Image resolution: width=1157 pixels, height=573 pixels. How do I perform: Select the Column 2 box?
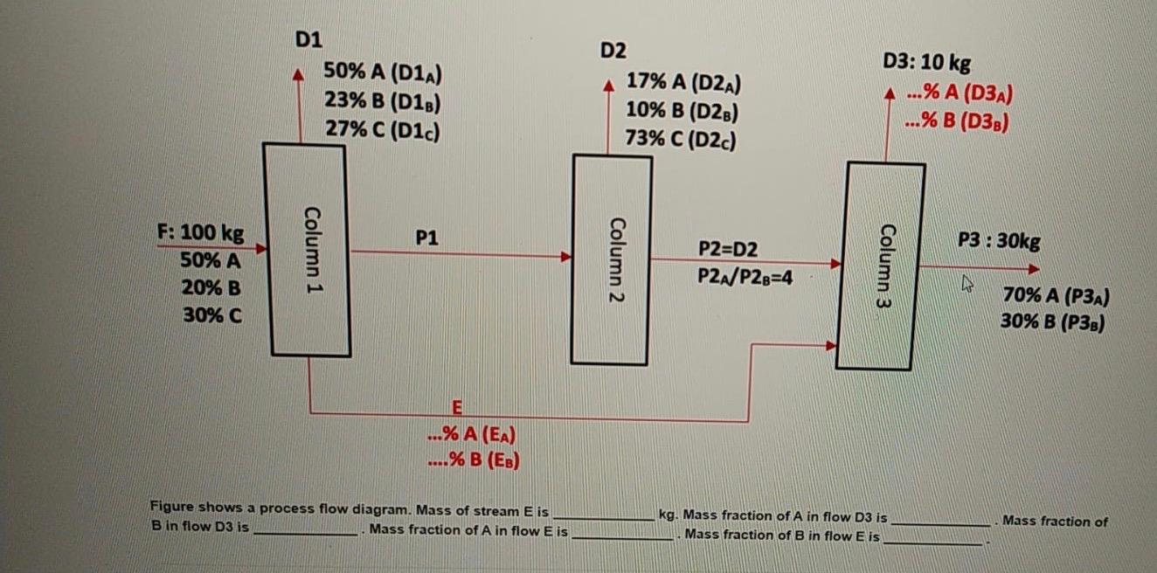coord(612,259)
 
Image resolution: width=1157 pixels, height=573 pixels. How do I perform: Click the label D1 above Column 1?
coord(308,39)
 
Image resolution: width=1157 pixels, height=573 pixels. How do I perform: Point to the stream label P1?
coord(427,237)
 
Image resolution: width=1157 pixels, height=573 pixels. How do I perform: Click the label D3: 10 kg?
coord(926,63)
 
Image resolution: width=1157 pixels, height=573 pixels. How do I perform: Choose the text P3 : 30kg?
coord(999,240)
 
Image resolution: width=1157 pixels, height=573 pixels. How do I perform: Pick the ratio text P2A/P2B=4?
coord(745,277)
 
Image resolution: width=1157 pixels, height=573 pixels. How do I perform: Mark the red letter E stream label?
coord(456,406)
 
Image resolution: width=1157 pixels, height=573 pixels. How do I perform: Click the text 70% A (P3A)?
coord(1056,296)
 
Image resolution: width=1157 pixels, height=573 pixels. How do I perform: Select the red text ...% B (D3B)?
coord(958,121)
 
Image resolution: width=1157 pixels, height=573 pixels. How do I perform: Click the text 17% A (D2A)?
coord(685,83)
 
